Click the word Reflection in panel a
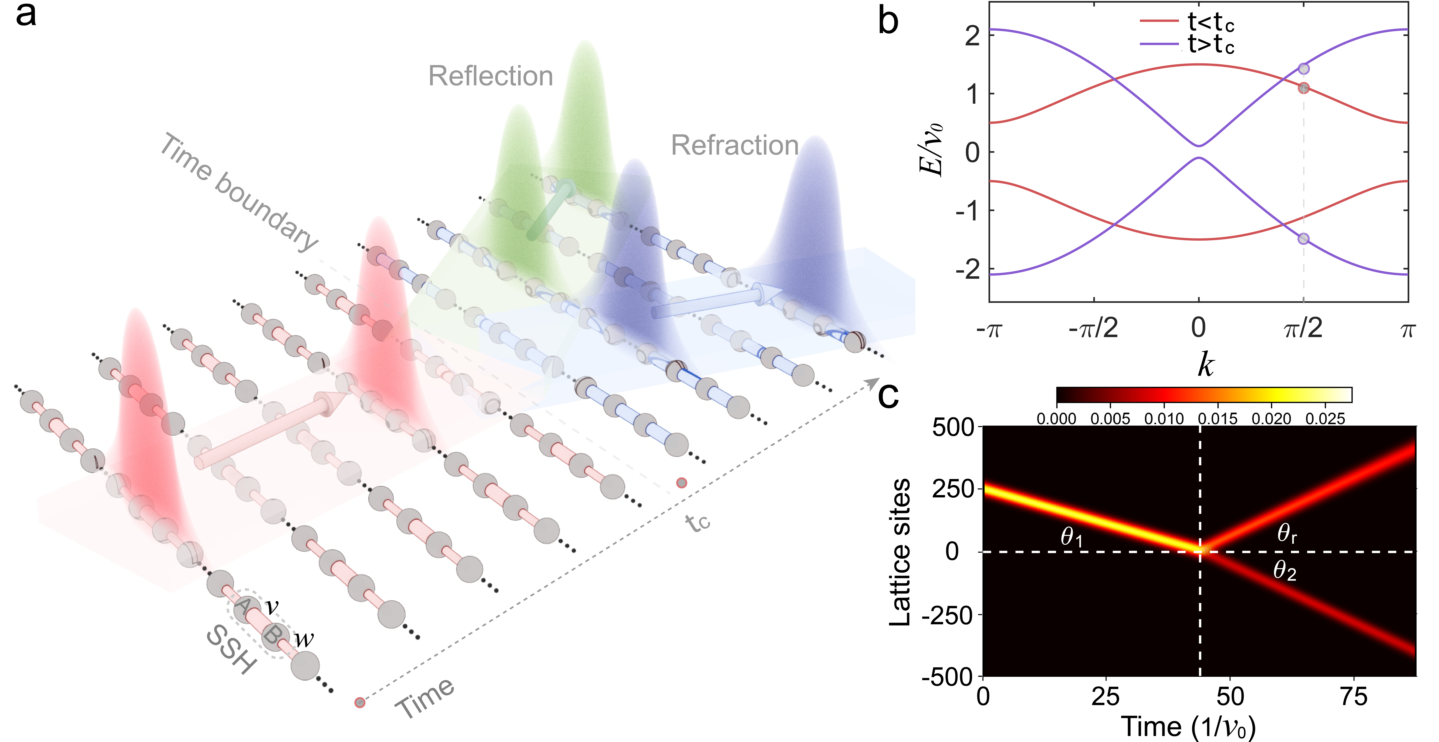coord(490,76)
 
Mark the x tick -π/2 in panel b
coord(1093,328)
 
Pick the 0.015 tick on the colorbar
coord(1218,418)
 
